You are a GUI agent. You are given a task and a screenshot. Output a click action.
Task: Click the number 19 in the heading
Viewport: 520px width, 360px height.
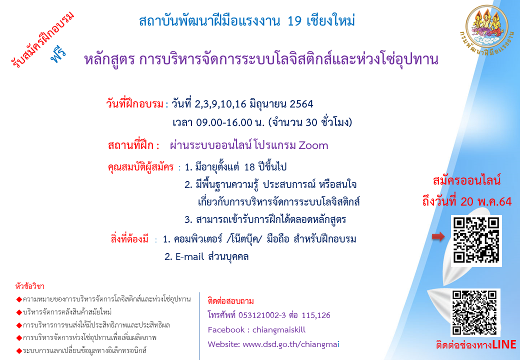pos(294,21)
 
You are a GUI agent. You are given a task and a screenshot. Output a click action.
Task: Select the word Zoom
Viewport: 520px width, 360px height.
pos(313,145)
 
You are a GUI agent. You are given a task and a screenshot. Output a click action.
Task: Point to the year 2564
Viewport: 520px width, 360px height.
pos(301,104)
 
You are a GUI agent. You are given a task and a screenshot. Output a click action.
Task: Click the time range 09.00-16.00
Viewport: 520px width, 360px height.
pos(224,122)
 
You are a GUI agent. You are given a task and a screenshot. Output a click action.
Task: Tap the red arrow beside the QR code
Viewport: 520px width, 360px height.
pos(438,236)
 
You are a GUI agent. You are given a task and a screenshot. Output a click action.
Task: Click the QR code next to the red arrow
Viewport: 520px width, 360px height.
pos(476,240)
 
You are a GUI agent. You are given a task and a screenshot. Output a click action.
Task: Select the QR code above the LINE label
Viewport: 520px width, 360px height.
pos(474,312)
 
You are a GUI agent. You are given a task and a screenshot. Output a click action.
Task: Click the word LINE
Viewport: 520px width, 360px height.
pos(504,345)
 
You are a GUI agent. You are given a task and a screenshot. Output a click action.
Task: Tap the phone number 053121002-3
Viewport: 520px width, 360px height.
pos(262,315)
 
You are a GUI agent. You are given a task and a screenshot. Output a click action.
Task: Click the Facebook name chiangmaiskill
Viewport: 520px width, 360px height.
pos(279,330)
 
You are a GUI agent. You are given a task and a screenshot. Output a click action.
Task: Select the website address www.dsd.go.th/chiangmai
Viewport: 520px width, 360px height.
pos(291,344)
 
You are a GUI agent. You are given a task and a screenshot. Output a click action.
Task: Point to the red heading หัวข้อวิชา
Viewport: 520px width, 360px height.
pos(30,286)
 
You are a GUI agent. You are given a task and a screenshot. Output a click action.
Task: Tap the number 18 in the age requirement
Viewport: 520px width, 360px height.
pos(249,166)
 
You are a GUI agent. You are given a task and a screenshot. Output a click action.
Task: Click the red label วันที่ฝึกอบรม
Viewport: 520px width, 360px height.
pos(135,104)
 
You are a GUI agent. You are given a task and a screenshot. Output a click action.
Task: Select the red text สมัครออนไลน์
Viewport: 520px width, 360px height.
pos(466,180)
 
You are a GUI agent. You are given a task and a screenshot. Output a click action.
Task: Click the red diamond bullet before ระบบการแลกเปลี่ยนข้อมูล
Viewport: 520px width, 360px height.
pos(19,350)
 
